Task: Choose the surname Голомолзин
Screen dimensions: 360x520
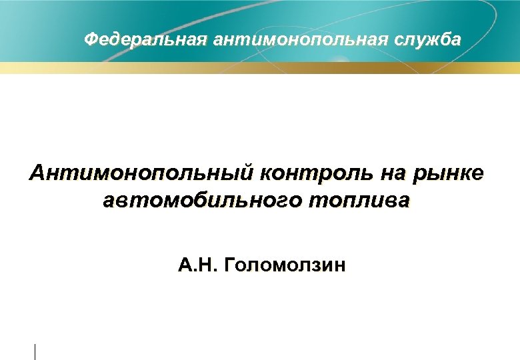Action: pos(287,267)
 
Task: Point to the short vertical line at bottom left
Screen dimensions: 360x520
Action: pos(35,351)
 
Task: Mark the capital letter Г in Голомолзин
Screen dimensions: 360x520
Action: pos(231,267)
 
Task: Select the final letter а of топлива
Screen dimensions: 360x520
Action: pos(406,201)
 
